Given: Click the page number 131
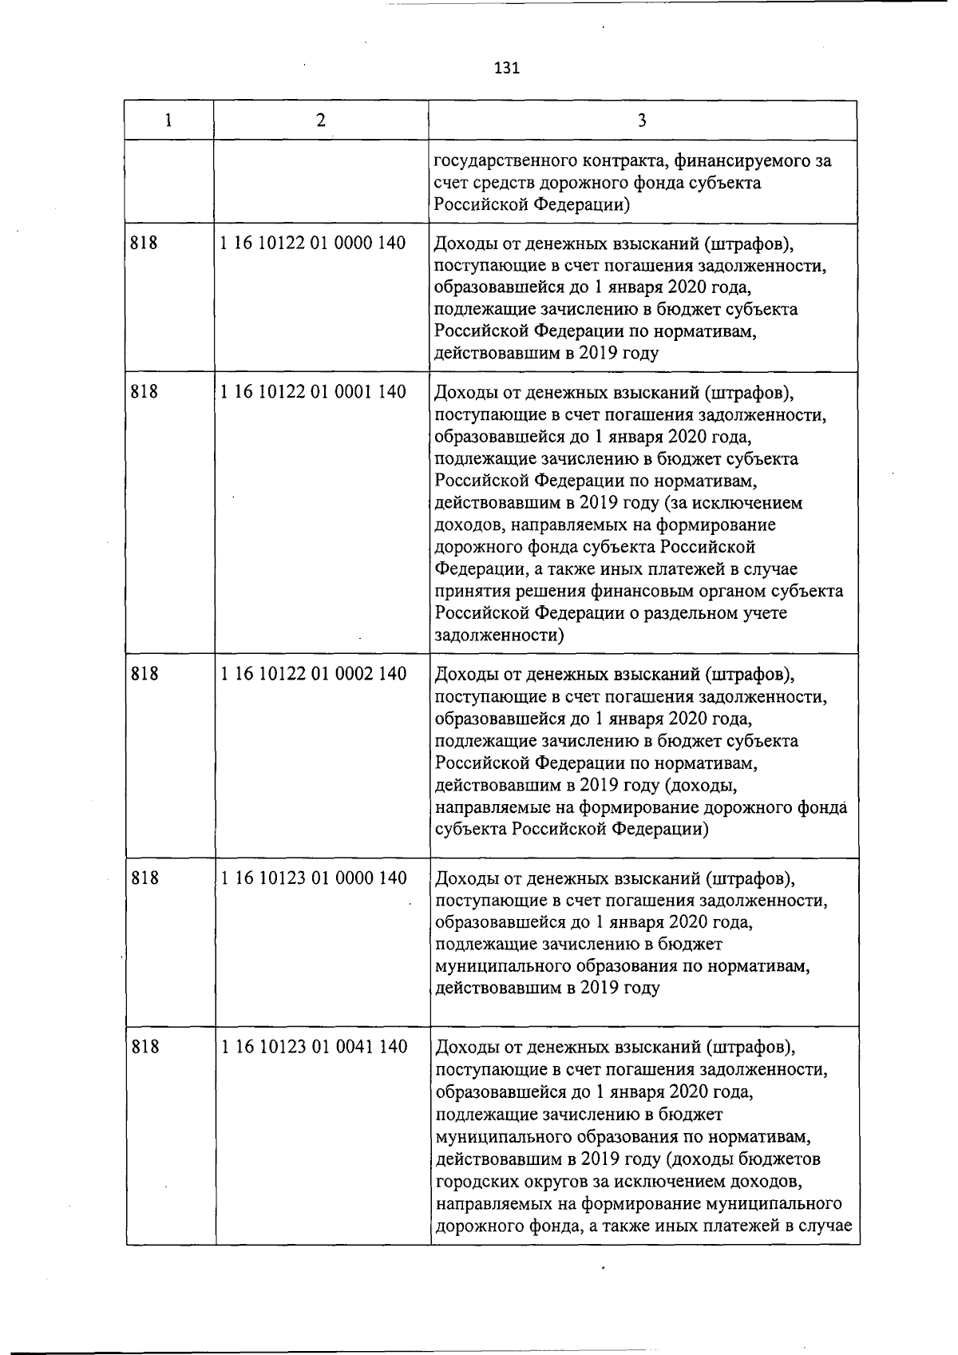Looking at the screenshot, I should click(507, 68).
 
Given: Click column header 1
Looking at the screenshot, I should click(168, 120).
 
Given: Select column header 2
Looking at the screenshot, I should click(320, 120).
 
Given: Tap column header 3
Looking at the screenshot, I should click(643, 120).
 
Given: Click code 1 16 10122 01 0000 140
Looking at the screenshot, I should click(313, 243).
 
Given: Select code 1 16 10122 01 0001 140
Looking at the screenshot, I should click(313, 391).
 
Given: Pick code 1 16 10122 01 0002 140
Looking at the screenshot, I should click(313, 673).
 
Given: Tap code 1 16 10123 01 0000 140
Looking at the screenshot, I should click(313, 878).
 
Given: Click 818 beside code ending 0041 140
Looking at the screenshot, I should click(144, 1046).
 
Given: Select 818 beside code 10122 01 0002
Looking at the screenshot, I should click(144, 673).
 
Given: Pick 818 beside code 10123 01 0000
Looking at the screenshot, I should click(144, 878).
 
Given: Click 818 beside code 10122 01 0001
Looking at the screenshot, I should click(144, 391).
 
